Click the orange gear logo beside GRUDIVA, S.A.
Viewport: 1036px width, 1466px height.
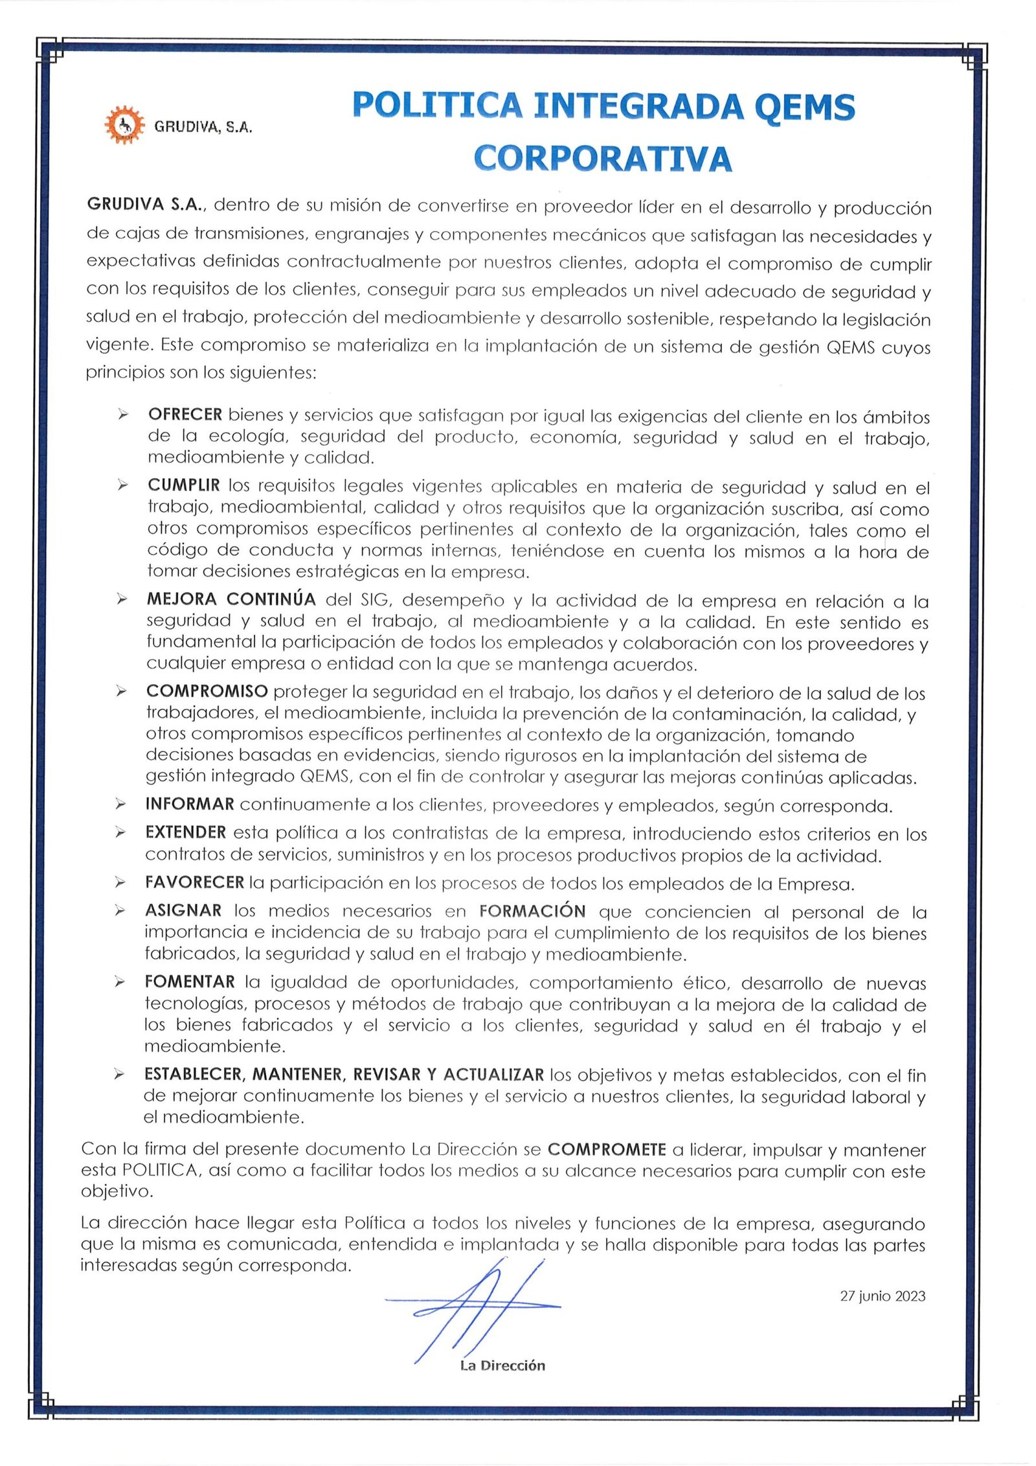pos(120,124)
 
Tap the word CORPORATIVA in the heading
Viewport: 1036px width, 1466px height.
pos(603,158)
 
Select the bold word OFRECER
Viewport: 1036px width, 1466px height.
pos(185,415)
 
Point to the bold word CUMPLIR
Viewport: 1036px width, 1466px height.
pos(184,485)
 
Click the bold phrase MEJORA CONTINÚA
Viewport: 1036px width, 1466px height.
pos(231,599)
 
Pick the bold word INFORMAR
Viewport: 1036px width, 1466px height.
pos(190,805)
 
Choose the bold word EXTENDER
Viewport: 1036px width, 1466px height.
pos(186,832)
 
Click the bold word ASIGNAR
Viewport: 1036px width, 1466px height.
pos(183,911)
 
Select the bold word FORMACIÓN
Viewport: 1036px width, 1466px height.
pos(532,911)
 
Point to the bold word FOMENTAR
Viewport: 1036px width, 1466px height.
pos(190,982)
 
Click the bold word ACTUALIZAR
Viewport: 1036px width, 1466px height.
pos(493,1075)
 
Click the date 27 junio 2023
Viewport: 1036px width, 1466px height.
pos(883,1296)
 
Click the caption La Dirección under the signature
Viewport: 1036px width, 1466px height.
pos(502,1366)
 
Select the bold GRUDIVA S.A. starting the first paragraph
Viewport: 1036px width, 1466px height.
pos(146,205)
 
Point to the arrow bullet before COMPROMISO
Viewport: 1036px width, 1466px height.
pos(121,692)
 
